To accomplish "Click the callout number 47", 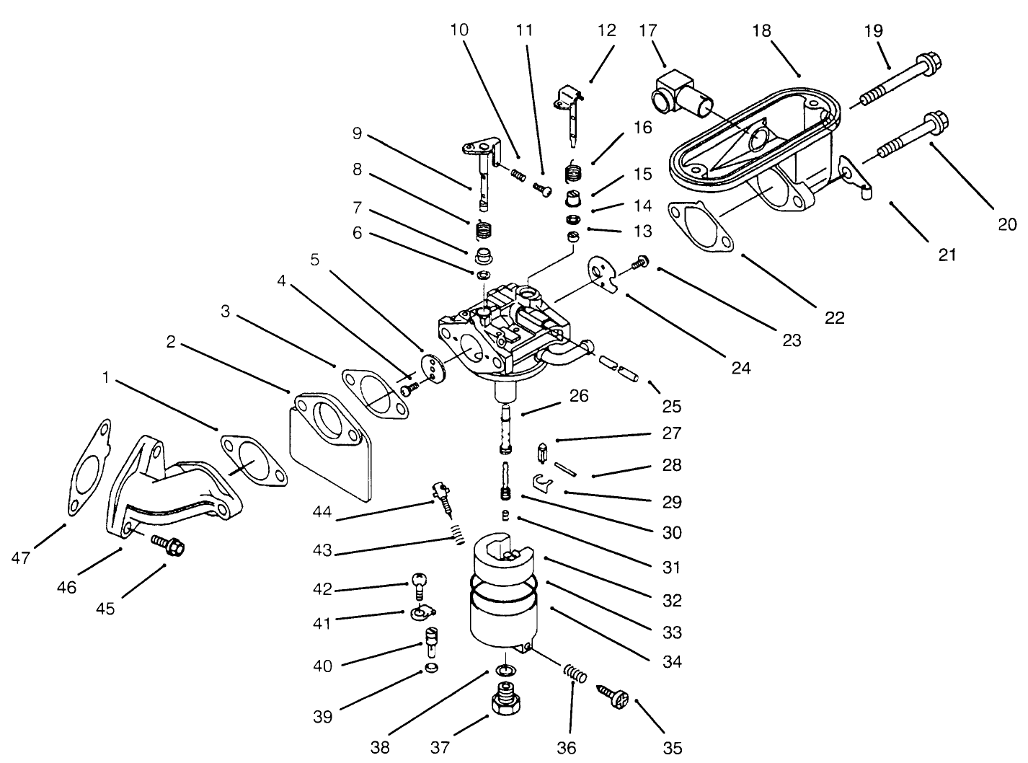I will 21,557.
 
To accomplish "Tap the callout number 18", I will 761,31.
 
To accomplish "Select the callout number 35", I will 672,748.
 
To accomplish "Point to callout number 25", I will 671,406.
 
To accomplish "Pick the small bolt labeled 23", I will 638,264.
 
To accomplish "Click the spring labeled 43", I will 454,535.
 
